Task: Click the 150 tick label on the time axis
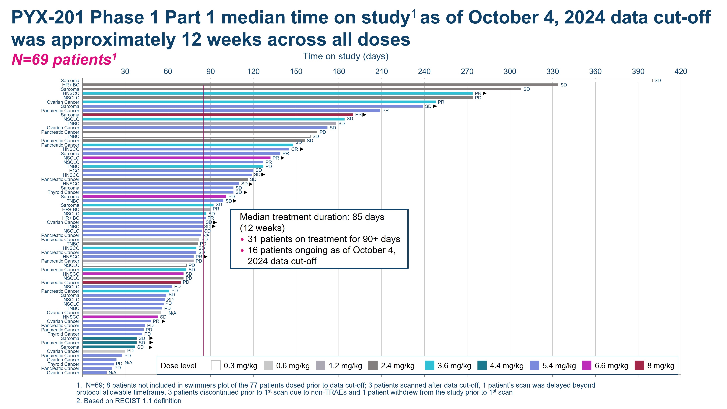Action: click(x=296, y=71)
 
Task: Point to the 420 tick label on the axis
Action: click(x=681, y=71)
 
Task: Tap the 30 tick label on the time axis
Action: click(x=125, y=71)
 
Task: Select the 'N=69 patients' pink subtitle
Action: click(x=64, y=59)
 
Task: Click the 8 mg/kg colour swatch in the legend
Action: click(x=639, y=366)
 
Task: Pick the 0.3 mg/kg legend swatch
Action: click(x=216, y=366)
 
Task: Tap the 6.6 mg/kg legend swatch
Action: click(x=587, y=366)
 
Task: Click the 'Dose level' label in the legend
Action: click(x=178, y=366)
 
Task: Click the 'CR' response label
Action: click(x=294, y=149)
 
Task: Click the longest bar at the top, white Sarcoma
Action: click(x=367, y=80)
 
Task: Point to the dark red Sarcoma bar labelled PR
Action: click(x=217, y=115)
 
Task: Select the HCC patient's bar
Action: click(x=168, y=171)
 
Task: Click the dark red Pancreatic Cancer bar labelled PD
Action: click(x=131, y=282)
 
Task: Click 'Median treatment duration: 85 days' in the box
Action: click(x=312, y=217)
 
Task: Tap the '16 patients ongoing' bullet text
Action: click(x=321, y=250)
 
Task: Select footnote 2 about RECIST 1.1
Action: click(x=129, y=401)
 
